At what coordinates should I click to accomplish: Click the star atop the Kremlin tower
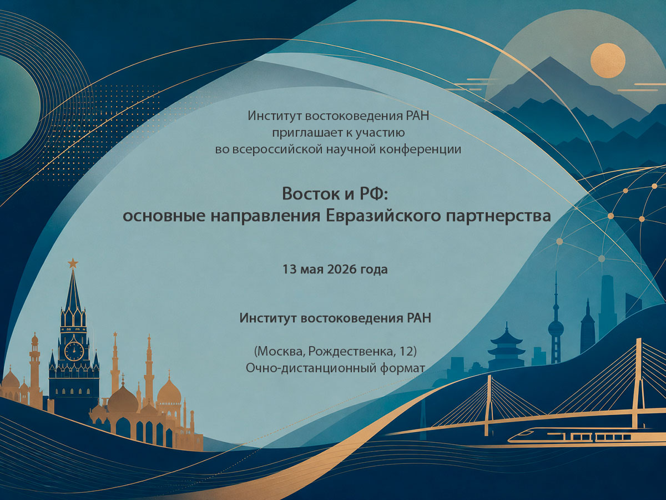[73, 263]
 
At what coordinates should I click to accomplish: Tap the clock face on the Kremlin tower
[74, 351]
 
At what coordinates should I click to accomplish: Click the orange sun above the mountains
[608, 61]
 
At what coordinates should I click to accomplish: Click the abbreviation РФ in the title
[374, 193]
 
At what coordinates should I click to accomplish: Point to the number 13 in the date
[289, 269]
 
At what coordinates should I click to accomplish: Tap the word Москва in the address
[280, 352]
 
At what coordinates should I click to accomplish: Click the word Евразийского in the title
[383, 216]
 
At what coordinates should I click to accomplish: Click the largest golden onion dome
[123, 400]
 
